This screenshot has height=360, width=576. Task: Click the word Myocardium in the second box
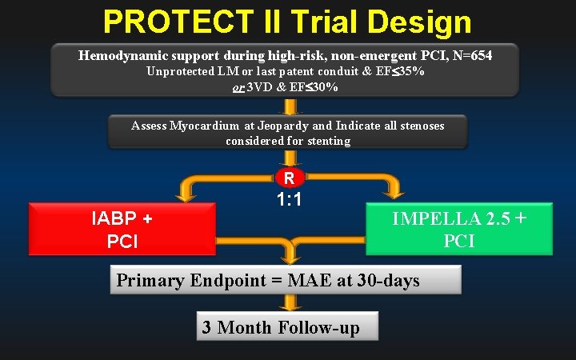pyautogui.click(x=205, y=126)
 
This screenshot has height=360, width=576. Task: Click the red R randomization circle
pyautogui.click(x=289, y=177)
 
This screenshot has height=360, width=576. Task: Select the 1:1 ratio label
pyautogui.click(x=289, y=199)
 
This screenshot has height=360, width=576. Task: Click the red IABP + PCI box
pyautogui.click(x=122, y=229)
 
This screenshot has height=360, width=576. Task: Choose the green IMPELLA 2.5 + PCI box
pyautogui.click(x=459, y=229)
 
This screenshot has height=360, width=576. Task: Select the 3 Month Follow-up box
pyautogui.click(x=288, y=326)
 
